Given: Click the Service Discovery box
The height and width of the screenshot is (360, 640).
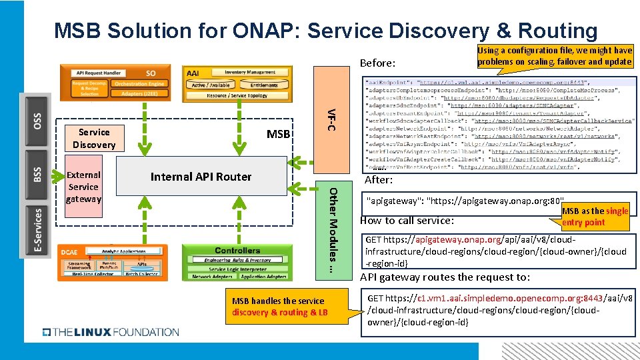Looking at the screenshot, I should [x=93, y=138].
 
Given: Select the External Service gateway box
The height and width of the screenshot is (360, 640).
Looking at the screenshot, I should [x=83, y=187].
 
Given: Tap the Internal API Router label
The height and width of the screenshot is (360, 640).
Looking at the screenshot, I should [x=201, y=177].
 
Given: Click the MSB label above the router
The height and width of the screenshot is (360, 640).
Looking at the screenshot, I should [x=278, y=135].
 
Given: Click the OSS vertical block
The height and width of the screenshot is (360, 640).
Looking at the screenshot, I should [x=37, y=120].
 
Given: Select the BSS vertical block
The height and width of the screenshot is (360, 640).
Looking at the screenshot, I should [x=37, y=175].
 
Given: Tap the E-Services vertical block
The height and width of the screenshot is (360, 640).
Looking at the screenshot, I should [x=37, y=230].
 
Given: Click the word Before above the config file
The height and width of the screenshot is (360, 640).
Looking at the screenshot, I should [x=377, y=63].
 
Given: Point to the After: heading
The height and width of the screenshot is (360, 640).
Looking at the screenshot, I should [x=379, y=180].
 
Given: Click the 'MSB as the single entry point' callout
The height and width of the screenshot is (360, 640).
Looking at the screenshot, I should [x=595, y=217].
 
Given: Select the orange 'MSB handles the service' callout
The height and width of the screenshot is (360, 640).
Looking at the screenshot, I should [x=280, y=307].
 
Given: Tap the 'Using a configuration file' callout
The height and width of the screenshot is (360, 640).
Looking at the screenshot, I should [x=555, y=56].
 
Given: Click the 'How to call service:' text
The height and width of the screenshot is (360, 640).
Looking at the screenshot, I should [x=407, y=221].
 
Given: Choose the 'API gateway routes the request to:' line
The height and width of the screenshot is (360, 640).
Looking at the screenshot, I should [x=445, y=277].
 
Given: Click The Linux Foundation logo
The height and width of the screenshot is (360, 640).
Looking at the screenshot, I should [x=111, y=331].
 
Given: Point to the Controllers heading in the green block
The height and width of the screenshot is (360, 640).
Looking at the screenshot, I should [x=237, y=251].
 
